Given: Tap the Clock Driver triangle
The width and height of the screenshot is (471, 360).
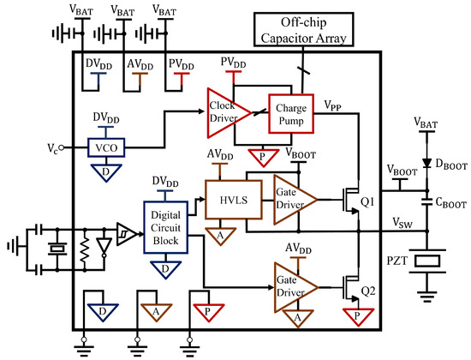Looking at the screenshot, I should point(222,114).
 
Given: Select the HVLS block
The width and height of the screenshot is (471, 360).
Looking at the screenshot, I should point(225,197).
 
